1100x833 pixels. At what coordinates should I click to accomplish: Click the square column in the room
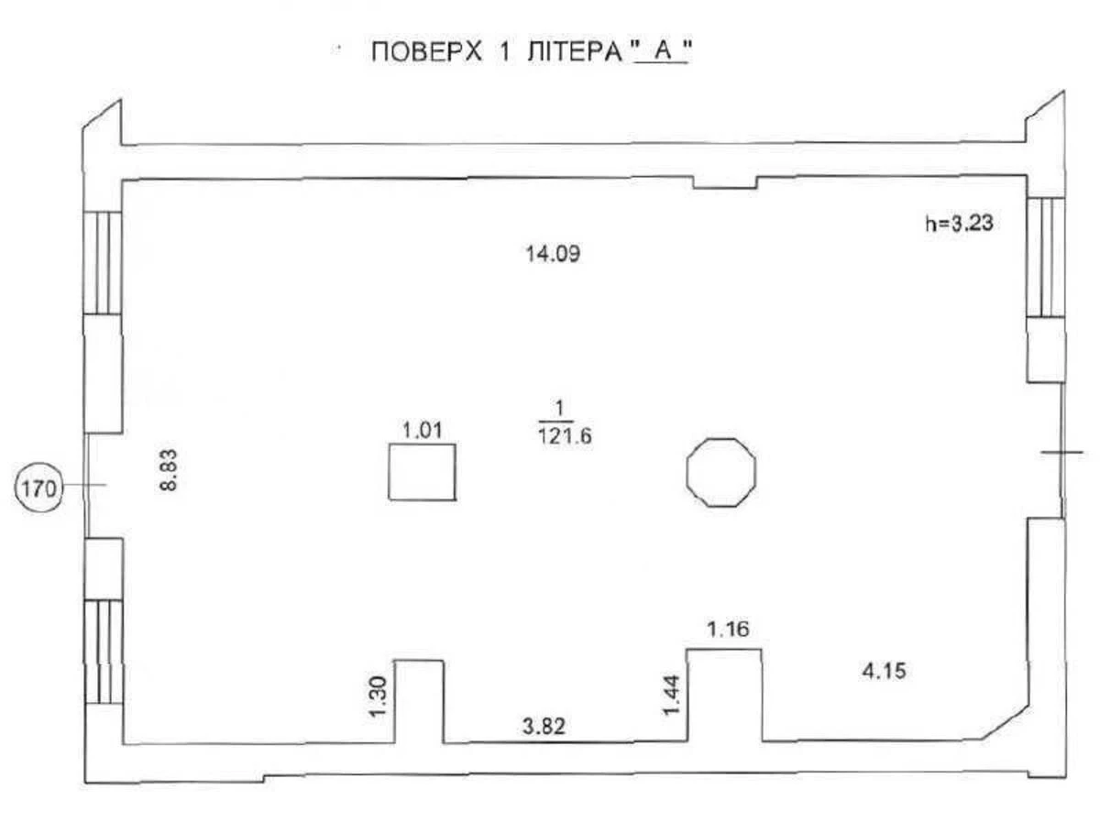point(422,472)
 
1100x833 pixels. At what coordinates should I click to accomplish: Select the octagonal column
point(721,472)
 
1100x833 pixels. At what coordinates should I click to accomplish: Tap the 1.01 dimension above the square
point(423,429)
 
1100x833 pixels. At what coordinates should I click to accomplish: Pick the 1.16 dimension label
point(728,630)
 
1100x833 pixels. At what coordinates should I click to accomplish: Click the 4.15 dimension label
point(885,671)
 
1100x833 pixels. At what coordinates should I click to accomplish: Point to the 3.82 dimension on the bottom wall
point(544,728)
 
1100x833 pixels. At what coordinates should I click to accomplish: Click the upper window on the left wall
point(103,262)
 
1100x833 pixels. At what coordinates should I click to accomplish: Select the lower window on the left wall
point(104,652)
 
